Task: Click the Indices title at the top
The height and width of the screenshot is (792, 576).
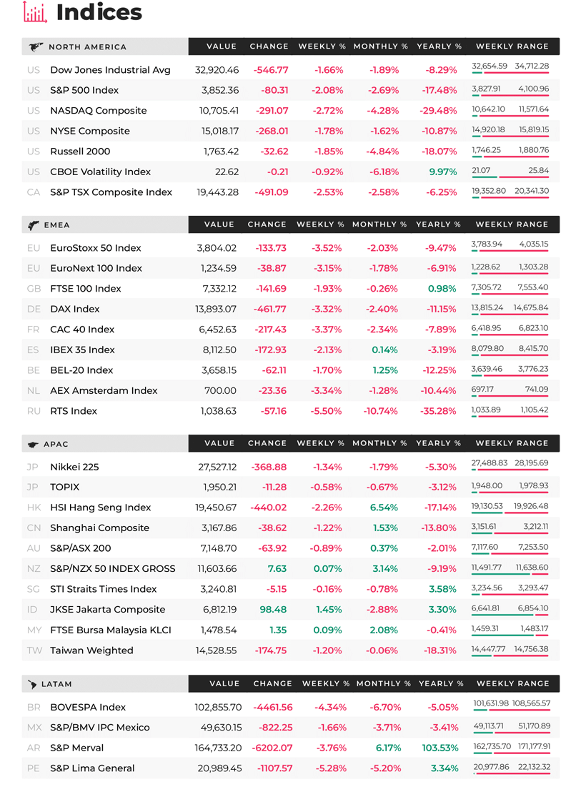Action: pyautogui.click(x=99, y=12)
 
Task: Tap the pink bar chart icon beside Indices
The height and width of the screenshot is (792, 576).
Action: pyautogui.click(x=35, y=12)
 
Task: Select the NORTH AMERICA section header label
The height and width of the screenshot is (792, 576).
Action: pyautogui.click(x=87, y=47)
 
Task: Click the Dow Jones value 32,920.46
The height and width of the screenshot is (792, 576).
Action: pyautogui.click(x=217, y=70)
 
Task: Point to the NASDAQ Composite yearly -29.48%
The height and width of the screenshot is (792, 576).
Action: pyautogui.click(x=438, y=111)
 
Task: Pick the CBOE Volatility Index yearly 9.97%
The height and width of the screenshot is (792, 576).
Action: pyautogui.click(x=443, y=172)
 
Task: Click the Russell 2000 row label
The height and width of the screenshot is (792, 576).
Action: pyautogui.click(x=80, y=151)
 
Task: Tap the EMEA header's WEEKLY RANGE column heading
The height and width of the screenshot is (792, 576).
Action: pyautogui.click(x=512, y=224)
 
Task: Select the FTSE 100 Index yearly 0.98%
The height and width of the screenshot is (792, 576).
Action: pyautogui.click(x=442, y=288)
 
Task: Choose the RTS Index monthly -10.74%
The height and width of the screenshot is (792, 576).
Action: pyautogui.click(x=380, y=411)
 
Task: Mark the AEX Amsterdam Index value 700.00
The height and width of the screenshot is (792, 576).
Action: pyautogui.click(x=220, y=390)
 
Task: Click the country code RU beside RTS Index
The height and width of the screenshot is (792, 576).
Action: pyautogui.click(x=34, y=411)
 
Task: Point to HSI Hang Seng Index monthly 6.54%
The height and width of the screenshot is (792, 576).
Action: pyautogui.click(x=384, y=508)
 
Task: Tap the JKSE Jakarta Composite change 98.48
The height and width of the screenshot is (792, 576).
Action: pyautogui.click(x=272, y=610)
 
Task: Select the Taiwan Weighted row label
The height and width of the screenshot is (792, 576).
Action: pyautogui.click(x=91, y=650)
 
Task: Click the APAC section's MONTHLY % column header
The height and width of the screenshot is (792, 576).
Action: pyautogui.click(x=379, y=443)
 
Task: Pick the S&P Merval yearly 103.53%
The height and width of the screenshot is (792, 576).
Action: pyautogui.click(x=440, y=748)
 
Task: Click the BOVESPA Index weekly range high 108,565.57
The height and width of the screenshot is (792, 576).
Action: pyautogui.click(x=531, y=703)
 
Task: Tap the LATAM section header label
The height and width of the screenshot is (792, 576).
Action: pyautogui.click(x=56, y=684)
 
